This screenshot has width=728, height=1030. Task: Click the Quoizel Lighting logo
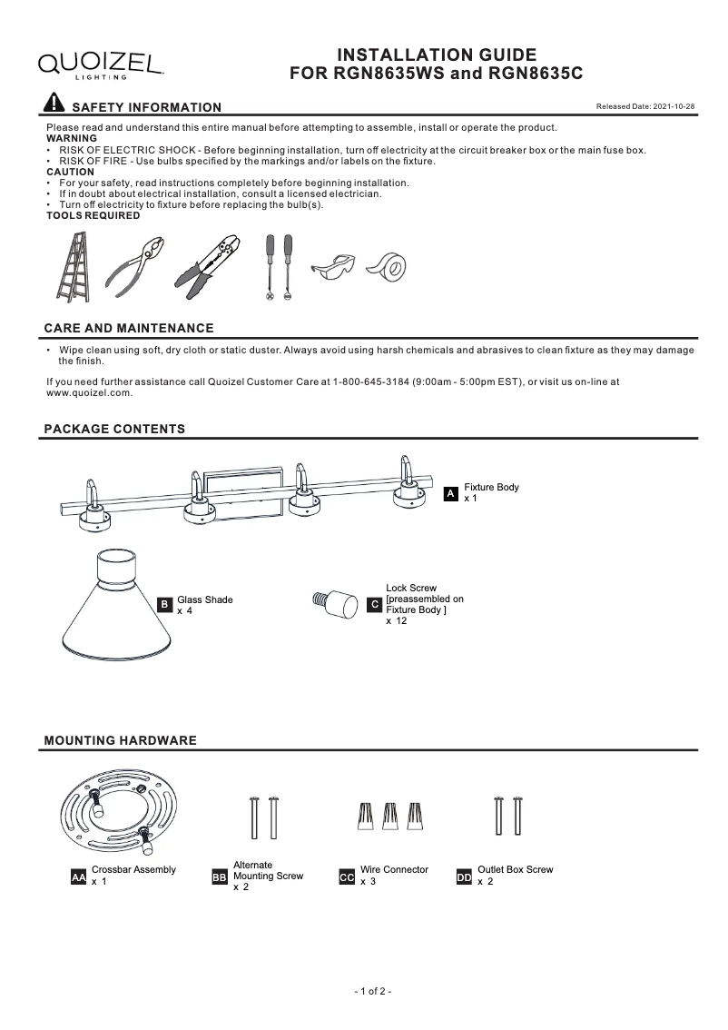pos(100,64)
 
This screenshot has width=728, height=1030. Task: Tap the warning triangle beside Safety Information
pos(54,105)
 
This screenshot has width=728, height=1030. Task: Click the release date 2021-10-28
pos(644,107)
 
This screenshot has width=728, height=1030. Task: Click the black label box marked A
pos(450,494)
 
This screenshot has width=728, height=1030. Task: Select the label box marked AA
pos(78,877)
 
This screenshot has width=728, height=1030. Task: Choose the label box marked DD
pos(464,877)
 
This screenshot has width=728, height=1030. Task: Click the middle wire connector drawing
pos(391,817)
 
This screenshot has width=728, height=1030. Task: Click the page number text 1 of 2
pos(372,991)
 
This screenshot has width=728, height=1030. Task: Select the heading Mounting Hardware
pos(120,740)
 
